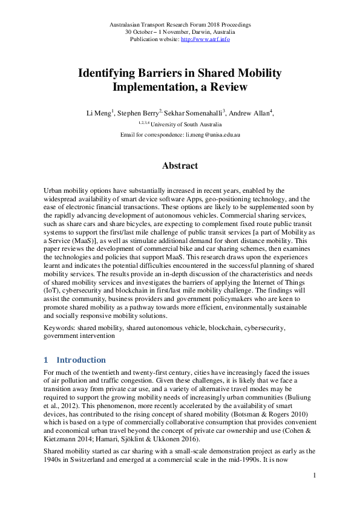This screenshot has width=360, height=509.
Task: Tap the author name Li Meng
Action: [97, 113]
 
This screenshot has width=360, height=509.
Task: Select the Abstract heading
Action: [180, 166]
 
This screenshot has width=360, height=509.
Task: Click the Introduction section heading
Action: [81, 360]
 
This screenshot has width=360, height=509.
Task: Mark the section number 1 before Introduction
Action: [47, 360]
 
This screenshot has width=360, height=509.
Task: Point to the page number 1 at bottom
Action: [315, 477]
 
